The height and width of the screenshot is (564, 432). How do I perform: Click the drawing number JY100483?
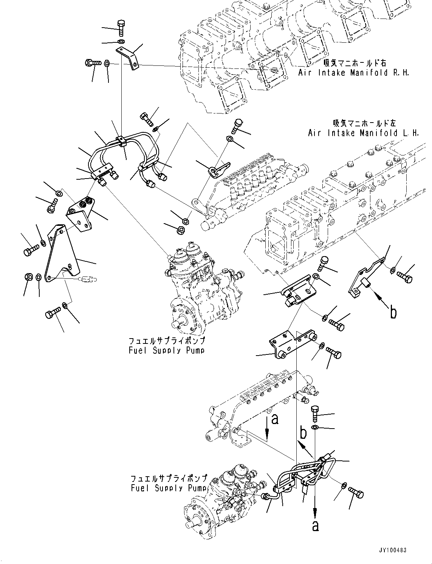(x=391, y=550)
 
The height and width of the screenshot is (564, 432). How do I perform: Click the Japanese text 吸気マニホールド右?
(x=355, y=63)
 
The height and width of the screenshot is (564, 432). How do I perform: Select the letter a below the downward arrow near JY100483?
(x=315, y=526)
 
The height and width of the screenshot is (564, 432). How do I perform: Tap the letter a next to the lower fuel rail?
(x=275, y=419)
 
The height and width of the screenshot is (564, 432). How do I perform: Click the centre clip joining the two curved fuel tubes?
(x=121, y=140)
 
